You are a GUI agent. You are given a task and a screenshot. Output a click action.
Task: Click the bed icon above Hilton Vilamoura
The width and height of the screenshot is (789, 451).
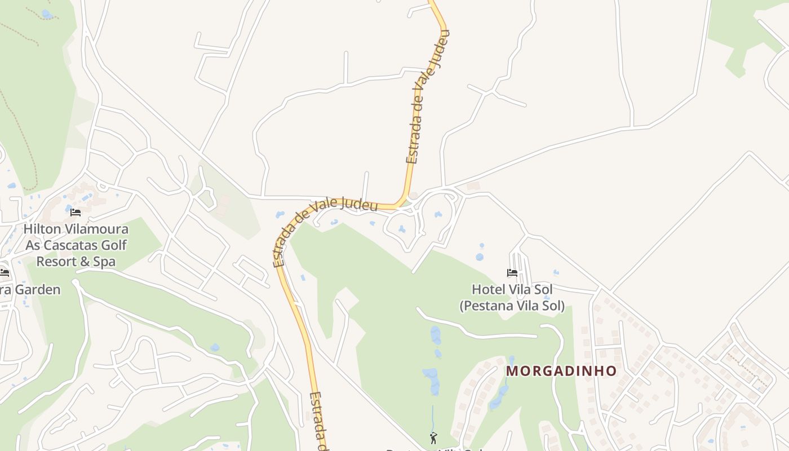(76, 213)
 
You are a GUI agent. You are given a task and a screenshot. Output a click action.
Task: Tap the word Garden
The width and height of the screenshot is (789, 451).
(35, 290)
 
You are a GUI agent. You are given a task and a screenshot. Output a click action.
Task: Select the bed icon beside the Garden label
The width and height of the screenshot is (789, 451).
(5, 273)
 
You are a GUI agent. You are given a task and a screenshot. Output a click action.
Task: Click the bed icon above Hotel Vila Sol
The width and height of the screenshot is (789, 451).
(512, 273)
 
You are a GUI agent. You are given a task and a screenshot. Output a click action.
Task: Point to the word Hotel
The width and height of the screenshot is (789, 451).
(488, 290)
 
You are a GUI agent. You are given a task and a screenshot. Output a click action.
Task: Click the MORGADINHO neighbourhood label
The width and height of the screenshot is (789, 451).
(561, 371)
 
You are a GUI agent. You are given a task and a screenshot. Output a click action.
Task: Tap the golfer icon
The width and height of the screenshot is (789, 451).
(433, 437)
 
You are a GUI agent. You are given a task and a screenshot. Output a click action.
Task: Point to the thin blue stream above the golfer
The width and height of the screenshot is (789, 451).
(433, 417)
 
